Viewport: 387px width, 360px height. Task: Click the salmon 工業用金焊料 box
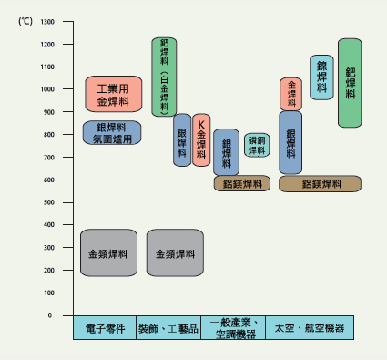113,94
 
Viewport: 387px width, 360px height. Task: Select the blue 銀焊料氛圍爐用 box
112,132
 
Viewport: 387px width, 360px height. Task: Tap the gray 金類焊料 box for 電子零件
108,252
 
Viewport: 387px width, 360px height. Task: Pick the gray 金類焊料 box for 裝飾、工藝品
175,252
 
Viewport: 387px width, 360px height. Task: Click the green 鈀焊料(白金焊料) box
164,77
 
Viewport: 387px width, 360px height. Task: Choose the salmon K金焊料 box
201,139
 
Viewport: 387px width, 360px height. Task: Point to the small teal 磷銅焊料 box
257,145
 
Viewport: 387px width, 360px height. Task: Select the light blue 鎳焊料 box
321,77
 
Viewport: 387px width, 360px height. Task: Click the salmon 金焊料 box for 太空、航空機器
290,94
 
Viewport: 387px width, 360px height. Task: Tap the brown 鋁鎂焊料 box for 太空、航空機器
320,183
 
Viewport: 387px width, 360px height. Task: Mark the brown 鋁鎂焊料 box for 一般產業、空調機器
242,183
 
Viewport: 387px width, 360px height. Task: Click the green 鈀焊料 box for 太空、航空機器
351,82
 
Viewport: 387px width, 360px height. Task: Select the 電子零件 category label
104,328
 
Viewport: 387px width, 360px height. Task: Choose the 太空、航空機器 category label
310,328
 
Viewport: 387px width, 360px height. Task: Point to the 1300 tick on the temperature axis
46,22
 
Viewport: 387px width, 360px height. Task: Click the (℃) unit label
25,20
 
